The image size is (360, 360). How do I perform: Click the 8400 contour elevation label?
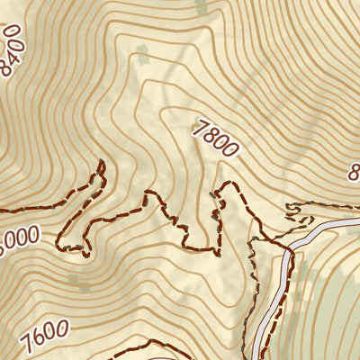[x=12, y=51]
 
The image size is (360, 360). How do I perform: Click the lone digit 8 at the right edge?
[x=355, y=171]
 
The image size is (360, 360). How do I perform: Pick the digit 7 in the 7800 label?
[x=200, y=128]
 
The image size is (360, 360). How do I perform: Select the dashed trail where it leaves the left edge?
[x=3, y=209]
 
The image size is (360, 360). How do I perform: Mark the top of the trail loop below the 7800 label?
[x=230, y=185]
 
